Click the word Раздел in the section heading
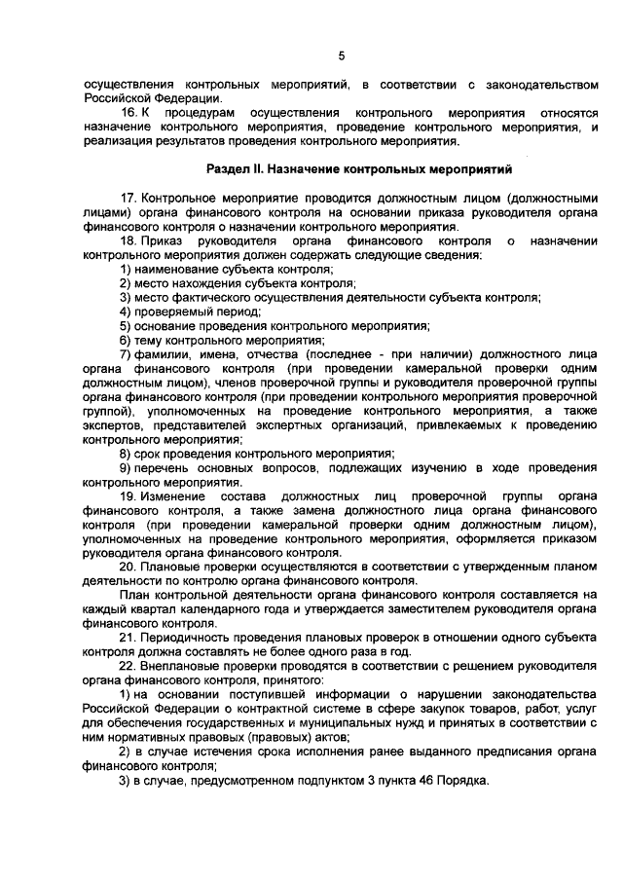pos(240,169)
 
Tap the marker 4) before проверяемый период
pos(126,312)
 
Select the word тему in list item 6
pos(149,341)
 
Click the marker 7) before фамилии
pos(126,355)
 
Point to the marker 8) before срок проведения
pos(126,454)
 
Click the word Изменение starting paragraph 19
pos(170,496)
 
